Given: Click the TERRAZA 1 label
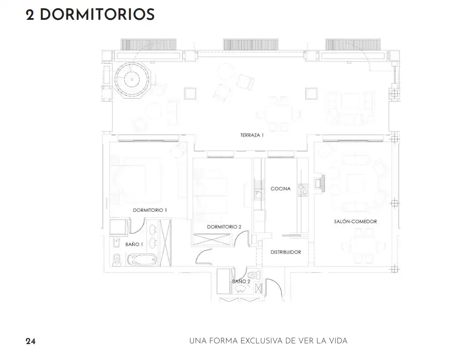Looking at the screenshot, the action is pyautogui.click(x=252, y=135).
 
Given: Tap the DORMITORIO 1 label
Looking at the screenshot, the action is pyautogui.click(x=150, y=210).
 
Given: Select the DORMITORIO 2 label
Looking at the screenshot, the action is pyautogui.click(x=224, y=227).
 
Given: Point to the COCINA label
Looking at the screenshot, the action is pyautogui.click(x=280, y=189).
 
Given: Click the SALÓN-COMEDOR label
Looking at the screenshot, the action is pyautogui.click(x=355, y=221).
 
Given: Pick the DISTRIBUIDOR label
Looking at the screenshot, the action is pyautogui.click(x=286, y=252).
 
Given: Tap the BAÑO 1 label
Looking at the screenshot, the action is pyautogui.click(x=134, y=245).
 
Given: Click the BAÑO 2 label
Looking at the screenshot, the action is pyautogui.click(x=241, y=281).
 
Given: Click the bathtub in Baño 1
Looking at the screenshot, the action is pyautogui.click(x=142, y=260).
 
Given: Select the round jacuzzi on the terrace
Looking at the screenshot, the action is pyautogui.click(x=132, y=79).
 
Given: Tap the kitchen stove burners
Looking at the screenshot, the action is pyautogui.click(x=302, y=191).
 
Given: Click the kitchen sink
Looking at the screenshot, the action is pyautogui.click(x=258, y=195).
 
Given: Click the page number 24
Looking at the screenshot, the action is pyautogui.click(x=31, y=341).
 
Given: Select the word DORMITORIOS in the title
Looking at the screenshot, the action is pyautogui.click(x=97, y=15).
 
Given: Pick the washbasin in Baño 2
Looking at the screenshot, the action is pyautogui.click(x=240, y=289).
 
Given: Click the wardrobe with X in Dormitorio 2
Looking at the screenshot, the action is pyautogui.click(x=212, y=239).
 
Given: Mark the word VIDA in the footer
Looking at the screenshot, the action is pyautogui.click(x=338, y=341).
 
